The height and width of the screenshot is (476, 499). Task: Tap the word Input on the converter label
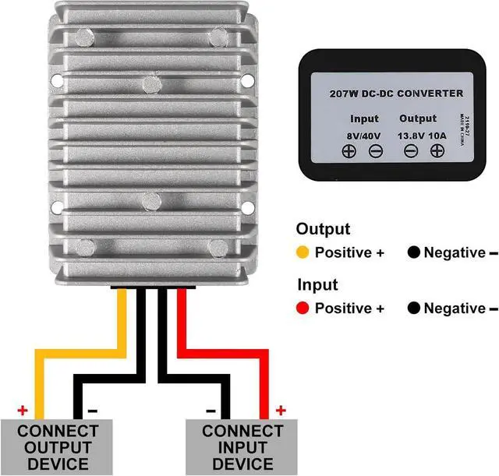point(364,119)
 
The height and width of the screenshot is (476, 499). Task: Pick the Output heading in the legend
point(323,229)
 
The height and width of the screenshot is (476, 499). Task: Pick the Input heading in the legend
point(317,285)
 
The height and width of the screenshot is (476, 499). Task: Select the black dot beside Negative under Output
point(414,253)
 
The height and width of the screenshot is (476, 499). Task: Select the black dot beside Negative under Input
point(414,309)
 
